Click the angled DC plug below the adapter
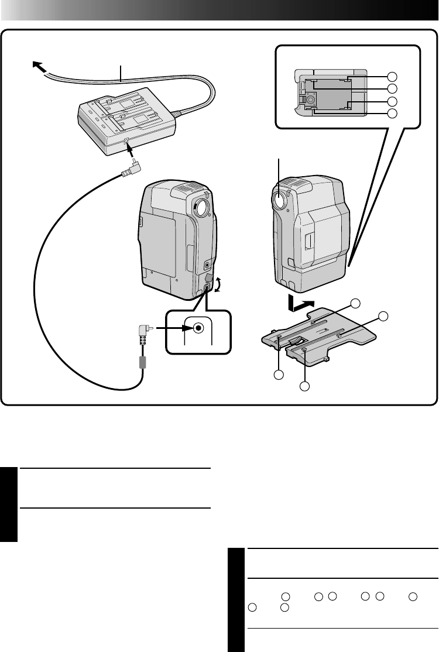click(131, 170)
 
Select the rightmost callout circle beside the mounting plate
click(383, 317)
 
